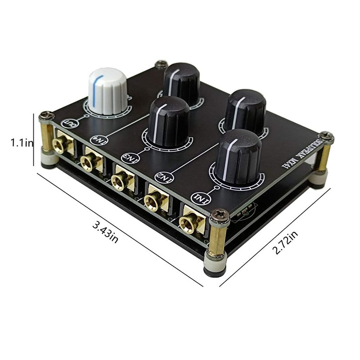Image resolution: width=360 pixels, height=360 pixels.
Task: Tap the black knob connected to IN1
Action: pyautogui.click(x=238, y=155)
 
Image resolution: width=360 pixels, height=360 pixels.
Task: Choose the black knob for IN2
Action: pyautogui.click(x=245, y=110)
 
